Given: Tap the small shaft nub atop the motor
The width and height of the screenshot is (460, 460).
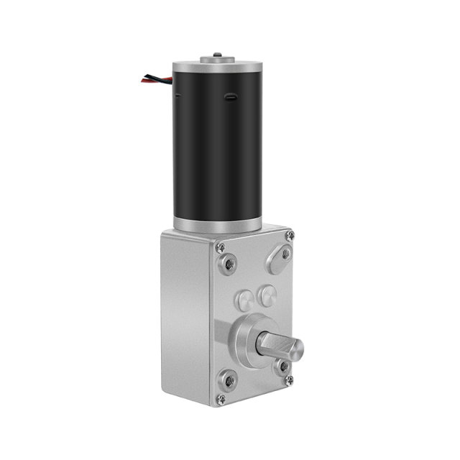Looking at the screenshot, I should point(216,55).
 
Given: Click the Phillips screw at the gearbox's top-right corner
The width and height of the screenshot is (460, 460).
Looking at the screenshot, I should point(289,236).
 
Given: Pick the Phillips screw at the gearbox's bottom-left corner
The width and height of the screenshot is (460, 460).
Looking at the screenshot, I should point(221,399).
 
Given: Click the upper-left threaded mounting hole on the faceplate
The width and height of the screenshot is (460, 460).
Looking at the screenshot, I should point(229,264).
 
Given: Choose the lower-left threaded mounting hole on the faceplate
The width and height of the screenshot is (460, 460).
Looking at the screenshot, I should point(229,379).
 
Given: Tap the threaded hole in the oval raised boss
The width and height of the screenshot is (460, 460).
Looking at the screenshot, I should point(285,254).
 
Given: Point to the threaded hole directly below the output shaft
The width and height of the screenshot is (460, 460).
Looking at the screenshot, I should point(284,366).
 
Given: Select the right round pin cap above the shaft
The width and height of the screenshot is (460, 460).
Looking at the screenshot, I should point(267,293).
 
